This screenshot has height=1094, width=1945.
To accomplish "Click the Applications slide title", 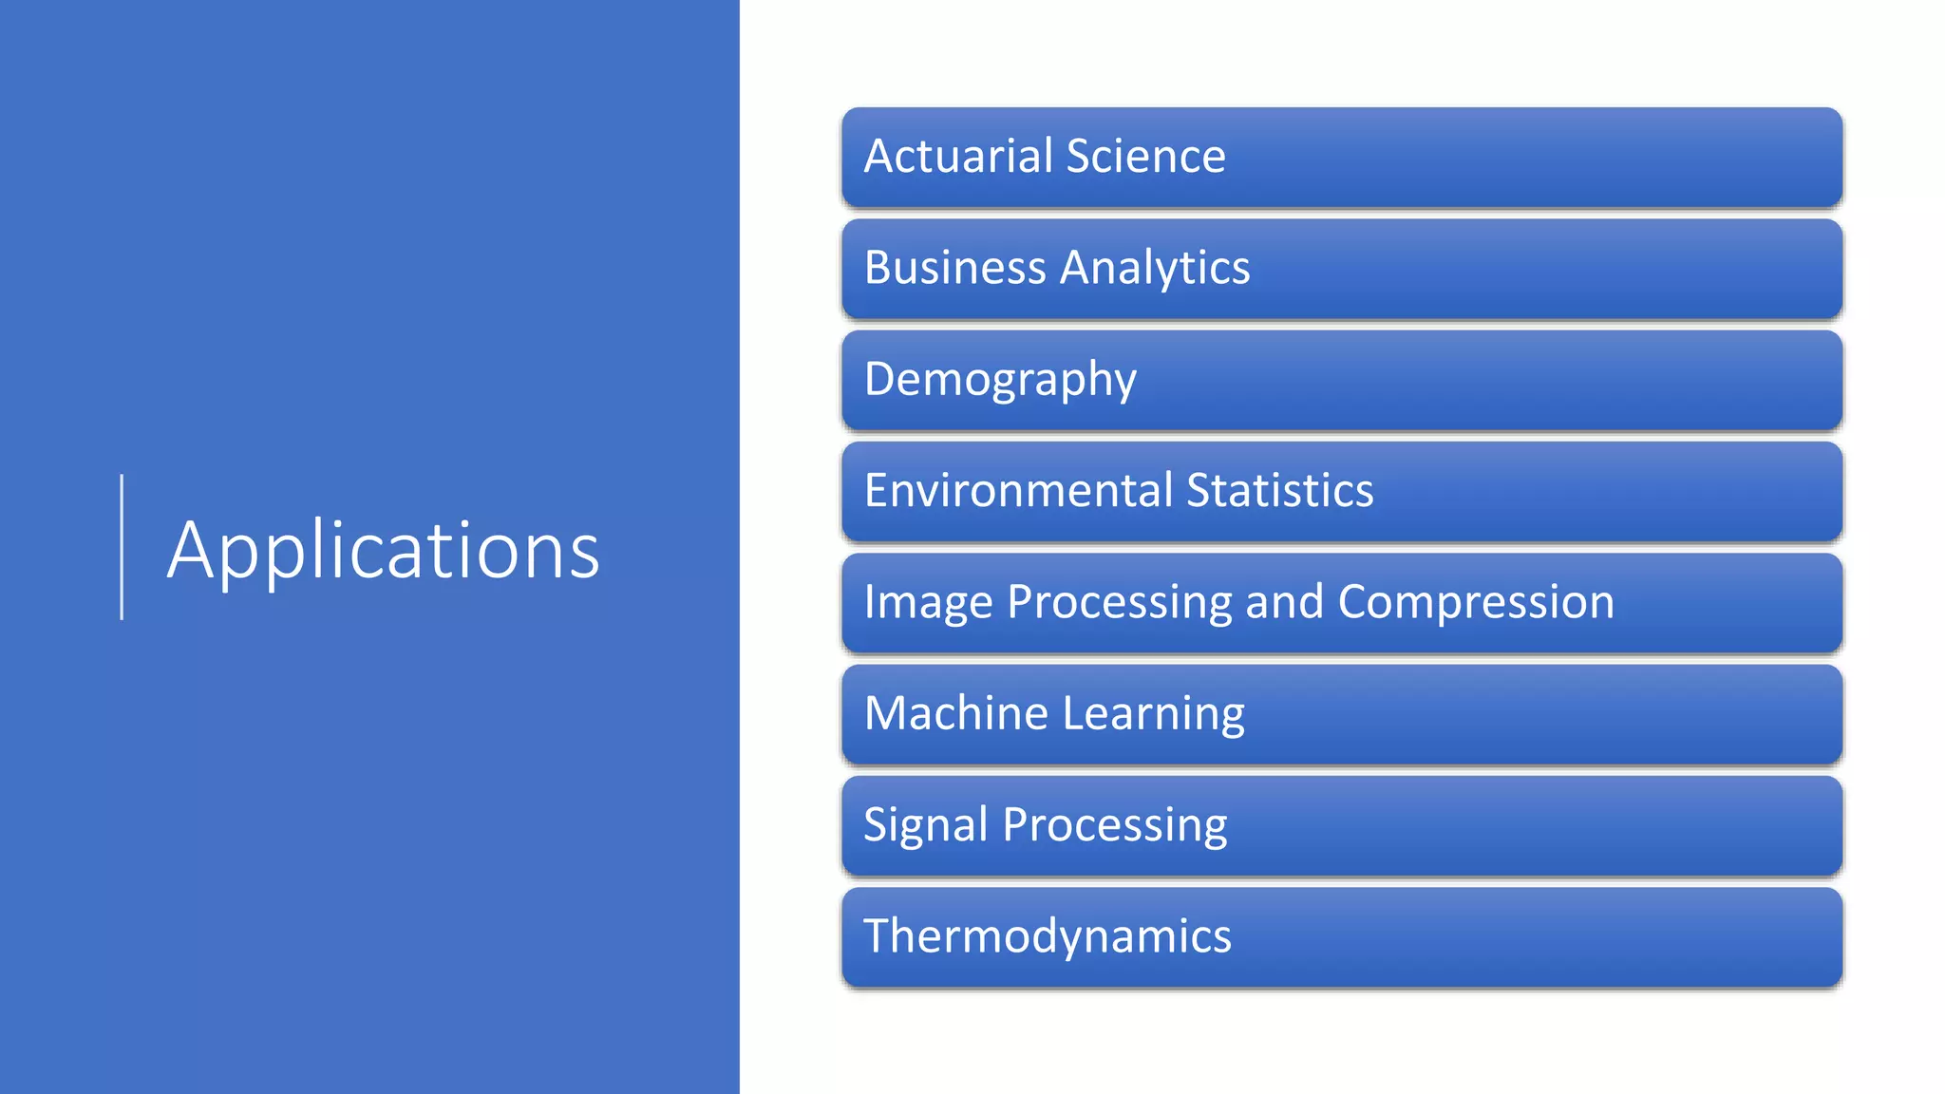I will [x=384, y=551].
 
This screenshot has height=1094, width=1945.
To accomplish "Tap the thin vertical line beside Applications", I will [x=122, y=547].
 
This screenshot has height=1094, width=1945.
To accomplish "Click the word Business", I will [x=954, y=268].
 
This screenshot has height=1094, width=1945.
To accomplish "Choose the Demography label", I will [x=1000, y=380].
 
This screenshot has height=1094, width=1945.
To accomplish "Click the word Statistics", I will [x=1279, y=491].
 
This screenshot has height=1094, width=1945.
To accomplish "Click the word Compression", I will [x=1476, y=603].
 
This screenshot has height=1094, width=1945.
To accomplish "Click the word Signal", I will [x=925, y=825].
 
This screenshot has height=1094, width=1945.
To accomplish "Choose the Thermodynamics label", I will [x=1047, y=936].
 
